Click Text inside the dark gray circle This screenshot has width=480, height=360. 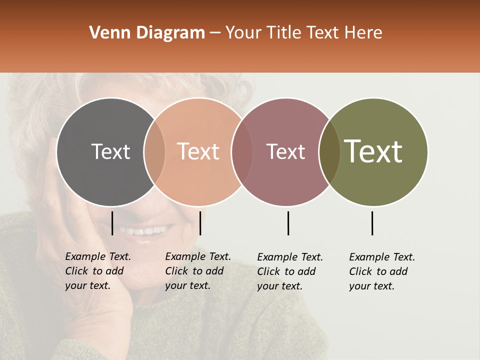110,151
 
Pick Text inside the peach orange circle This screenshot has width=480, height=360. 198,151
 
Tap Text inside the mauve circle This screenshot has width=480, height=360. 285,151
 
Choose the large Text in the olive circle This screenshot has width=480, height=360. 373,151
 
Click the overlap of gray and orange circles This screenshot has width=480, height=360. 154,152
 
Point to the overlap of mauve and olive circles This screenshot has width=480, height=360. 329,152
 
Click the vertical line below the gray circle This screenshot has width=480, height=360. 112,223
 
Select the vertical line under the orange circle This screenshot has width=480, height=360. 200,223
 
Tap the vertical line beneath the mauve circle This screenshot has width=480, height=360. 288,223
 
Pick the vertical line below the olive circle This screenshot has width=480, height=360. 372,223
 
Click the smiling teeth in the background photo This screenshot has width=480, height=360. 145,231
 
